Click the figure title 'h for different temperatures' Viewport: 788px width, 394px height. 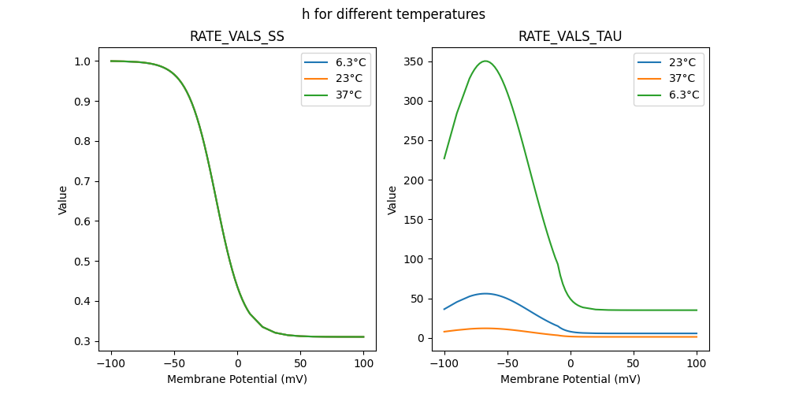tap(393, 14)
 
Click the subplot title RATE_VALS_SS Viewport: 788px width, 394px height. tap(236, 37)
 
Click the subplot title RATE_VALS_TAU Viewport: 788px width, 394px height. tap(570, 37)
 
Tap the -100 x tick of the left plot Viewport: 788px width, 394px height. tap(110, 365)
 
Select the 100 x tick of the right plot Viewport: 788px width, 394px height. tap(697, 365)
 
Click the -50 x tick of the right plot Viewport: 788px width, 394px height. tap(507, 365)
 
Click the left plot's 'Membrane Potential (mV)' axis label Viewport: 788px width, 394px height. tap(237, 379)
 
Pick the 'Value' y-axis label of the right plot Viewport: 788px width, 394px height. tap(392, 200)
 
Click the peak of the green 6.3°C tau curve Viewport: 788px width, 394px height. tap(485, 61)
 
